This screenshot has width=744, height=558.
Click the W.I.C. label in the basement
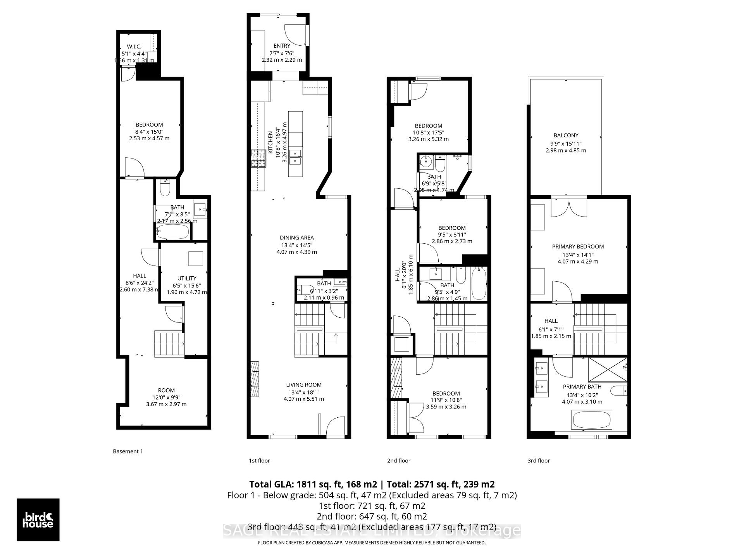click(134, 47)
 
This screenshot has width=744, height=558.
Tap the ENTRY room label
click(282, 46)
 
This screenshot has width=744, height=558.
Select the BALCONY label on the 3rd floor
click(566, 135)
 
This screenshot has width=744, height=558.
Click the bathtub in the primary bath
click(591, 420)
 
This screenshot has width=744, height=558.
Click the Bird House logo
click(38, 520)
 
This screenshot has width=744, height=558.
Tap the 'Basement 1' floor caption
click(128, 451)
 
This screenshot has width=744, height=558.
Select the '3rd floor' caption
click(539, 461)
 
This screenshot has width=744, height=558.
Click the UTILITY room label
click(187, 278)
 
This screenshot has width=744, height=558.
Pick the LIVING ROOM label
click(304, 385)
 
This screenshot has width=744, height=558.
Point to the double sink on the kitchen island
click(296, 156)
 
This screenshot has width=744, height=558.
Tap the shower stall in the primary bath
click(607, 370)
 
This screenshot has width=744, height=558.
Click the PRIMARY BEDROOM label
click(578, 246)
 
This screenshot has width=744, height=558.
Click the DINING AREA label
click(297, 238)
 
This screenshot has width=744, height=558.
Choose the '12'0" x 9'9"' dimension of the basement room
click(166, 397)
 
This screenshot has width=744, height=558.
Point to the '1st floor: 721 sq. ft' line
click(372, 506)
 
